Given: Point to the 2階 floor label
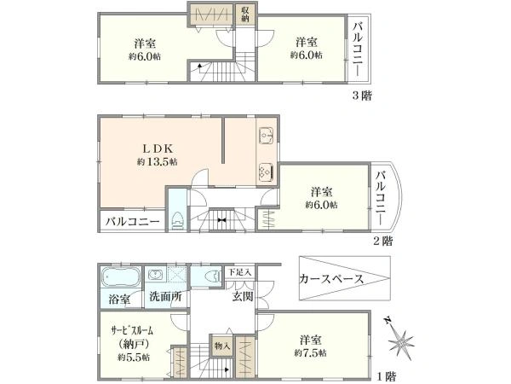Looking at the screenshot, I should [382, 241].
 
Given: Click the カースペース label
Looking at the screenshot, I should [331, 279].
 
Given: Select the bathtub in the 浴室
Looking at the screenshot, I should [118, 278].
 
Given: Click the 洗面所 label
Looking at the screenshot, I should [164, 300].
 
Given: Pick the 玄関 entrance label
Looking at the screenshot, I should [242, 298].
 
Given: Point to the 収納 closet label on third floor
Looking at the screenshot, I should [245, 15].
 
